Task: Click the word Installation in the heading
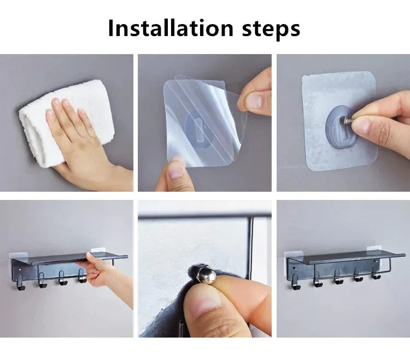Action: click(169, 28)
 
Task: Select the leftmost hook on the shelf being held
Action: click(21, 281)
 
